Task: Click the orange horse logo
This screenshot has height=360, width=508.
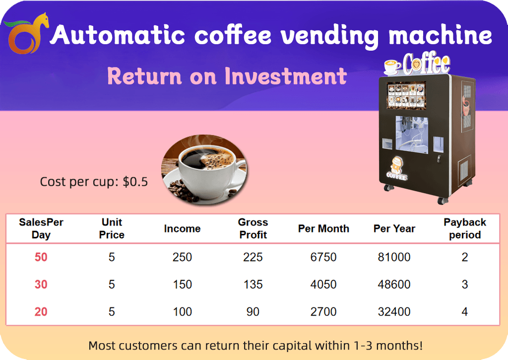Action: click(x=27, y=34)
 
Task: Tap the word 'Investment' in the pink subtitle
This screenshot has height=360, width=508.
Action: click(x=285, y=76)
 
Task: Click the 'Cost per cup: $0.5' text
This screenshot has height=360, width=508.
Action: click(x=94, y=182)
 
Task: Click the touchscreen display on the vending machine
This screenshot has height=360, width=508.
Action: click(x=406, y=94)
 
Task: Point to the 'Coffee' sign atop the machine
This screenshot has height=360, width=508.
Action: click(x=426, y=63)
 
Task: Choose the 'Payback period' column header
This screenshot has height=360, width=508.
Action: click(x=464, y=228)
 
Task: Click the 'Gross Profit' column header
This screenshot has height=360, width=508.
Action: click(x=253, y=228)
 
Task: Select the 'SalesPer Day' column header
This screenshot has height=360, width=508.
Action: click(x=41, y=228)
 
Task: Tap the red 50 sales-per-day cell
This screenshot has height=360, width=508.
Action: click(x=41, y=257)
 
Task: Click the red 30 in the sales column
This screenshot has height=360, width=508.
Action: click(x=41, y=285)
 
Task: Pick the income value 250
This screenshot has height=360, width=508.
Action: click(x=182, y=257)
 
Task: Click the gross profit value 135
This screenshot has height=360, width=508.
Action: click(x=253, y=285)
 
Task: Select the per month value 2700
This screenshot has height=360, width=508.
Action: click(x=323, y=312)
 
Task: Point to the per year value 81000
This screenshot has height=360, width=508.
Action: click(x=394, y=257)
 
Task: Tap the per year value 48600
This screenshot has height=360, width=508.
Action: click(x=394, y=285)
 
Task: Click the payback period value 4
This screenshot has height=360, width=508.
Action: click(x=464, y=312)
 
